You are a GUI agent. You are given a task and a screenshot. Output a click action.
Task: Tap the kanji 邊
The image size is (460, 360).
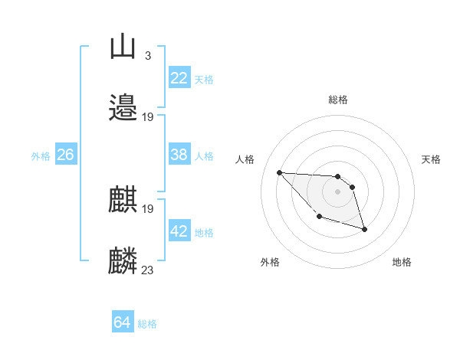(x=123, y=107)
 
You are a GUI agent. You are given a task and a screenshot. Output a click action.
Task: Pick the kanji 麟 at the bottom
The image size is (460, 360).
(x=123, y=260)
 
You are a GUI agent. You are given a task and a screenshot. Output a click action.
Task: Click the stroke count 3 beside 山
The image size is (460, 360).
(x=147, y=55)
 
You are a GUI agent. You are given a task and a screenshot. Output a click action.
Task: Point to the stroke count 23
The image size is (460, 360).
(x=147, y=270)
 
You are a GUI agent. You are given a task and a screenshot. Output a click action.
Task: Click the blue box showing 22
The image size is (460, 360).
(x=179, y=78)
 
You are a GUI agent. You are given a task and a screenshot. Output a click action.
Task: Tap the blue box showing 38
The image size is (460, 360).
(x=179, y=155)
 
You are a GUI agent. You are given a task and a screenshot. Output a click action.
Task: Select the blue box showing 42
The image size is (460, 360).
(x=179, y=231)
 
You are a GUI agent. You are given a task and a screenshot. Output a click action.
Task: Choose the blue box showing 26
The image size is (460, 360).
(x=65, y=155)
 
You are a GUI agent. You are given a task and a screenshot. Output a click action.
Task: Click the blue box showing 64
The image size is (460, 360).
(x=122, y=322)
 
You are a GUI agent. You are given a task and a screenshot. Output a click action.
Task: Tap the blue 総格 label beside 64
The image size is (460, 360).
(x=147, y=324)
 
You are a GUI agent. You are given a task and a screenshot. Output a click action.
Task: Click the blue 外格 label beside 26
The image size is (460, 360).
(x=41, y=156)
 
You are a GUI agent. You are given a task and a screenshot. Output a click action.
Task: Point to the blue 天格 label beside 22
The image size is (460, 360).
(x=204, y=80)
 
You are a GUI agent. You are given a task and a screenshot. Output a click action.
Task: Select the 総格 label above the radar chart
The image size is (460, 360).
(x=337, y=100)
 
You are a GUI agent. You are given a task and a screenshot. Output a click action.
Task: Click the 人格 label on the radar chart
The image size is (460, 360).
(x=245, y=159)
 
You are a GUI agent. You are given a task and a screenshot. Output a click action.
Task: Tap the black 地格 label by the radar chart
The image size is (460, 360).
(x=402, y=262)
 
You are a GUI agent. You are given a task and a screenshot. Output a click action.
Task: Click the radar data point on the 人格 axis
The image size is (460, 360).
(x=280, y=172)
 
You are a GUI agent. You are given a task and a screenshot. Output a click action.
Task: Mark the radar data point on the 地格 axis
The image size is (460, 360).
(x=364, y=229)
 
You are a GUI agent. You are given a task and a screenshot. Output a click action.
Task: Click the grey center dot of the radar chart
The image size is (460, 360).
(x=337, y=191)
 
